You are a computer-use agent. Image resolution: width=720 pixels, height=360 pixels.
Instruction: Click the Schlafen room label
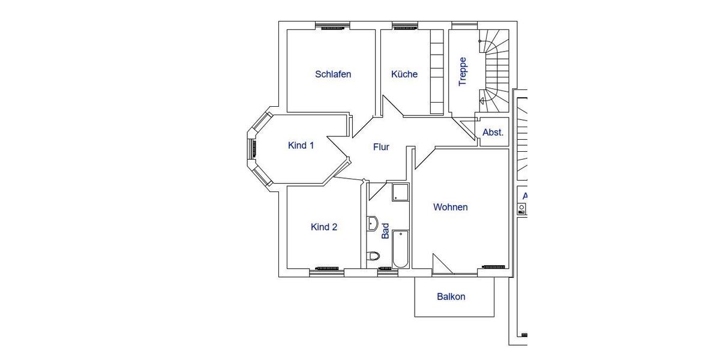coord(333,74)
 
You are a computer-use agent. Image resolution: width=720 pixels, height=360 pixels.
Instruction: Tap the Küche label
coord(404,74)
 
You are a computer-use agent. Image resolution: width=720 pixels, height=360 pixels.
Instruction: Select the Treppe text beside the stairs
coord(463,71)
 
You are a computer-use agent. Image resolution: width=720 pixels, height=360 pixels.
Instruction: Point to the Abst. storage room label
coord(493,133)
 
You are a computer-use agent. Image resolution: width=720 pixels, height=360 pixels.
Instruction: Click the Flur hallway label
coord(381,147)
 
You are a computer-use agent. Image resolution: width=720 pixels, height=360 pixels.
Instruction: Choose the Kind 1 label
coord(301,145)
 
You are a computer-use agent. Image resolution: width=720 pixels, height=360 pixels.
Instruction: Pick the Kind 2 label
coord(324,227)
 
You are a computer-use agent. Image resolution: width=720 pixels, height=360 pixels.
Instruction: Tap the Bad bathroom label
coord(385,231)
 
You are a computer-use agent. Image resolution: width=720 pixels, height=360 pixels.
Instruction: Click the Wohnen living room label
coord(451,207)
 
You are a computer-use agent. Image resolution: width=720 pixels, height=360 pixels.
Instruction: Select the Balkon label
coord(451,296)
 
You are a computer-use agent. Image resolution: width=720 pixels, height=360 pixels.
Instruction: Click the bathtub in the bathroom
coord(400,249)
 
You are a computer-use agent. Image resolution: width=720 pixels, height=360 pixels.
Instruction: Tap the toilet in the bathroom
coord(374,256)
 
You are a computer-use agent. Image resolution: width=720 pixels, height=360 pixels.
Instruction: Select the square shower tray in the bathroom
coord(400,193)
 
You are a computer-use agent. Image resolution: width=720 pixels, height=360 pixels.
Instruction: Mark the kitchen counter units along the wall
coord(436,71)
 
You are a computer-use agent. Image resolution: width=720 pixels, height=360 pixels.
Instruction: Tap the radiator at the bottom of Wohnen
coord(493,266)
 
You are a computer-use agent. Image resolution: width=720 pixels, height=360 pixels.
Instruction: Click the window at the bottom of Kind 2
coord(327,272)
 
